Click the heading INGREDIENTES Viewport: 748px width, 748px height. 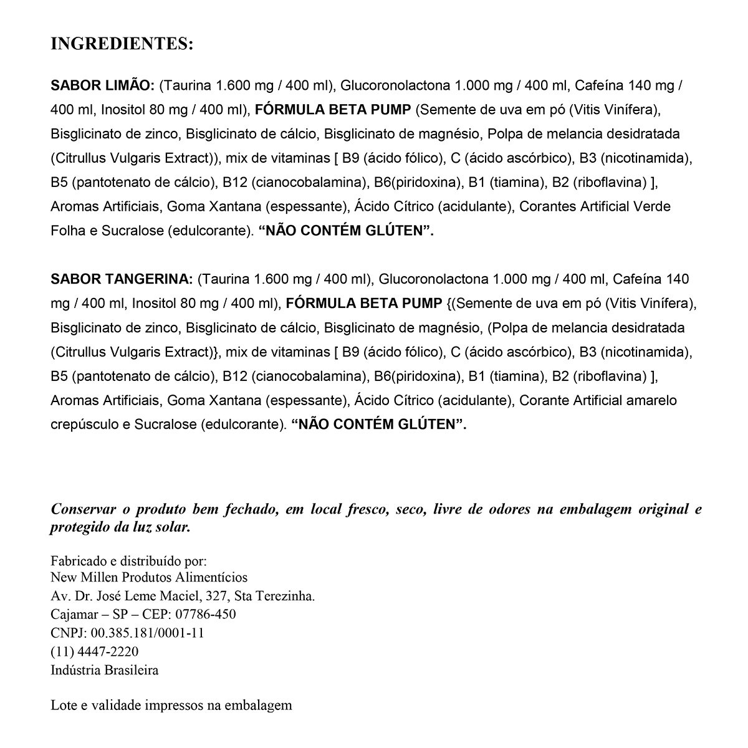coord(122,44)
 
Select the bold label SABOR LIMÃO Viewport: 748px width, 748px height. coord(102,85)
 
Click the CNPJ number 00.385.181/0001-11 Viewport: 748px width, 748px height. coord(148,633)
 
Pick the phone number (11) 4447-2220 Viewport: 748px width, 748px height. coord(94,652)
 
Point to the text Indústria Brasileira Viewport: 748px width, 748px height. coord(104,670)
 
